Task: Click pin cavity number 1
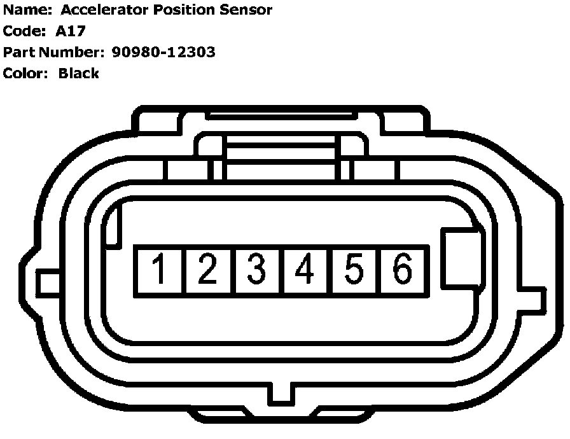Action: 159,270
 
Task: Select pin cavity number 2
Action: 208,270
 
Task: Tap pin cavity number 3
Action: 256,270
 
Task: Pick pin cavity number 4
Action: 305,270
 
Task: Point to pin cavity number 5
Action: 354,270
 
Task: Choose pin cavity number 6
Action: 403,270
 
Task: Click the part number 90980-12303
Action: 163,52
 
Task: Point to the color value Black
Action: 79,73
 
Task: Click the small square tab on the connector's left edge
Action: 48,282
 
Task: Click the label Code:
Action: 24,31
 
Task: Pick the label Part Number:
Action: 53,52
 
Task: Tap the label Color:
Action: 26,73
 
